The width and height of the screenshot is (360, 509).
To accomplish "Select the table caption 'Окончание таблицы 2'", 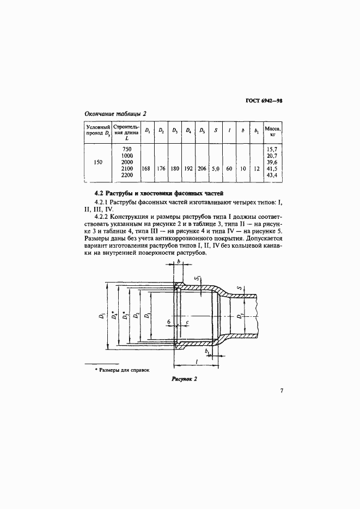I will tap(115, 113).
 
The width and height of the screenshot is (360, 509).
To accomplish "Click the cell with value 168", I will tap(145, 169).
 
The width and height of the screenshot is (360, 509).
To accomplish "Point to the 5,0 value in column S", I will tap(216, 169).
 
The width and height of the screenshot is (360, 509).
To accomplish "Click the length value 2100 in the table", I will tap(126, 169).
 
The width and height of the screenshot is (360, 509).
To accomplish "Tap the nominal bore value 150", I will tap(98, 162).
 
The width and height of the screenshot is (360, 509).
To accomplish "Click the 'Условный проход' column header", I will tap(98, 131).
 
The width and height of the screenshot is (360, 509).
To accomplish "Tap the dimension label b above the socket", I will tap(178, 262).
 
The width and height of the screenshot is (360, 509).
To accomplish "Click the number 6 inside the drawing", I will tap(169, 322).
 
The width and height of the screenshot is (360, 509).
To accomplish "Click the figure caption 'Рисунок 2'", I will tap(184, 380).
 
